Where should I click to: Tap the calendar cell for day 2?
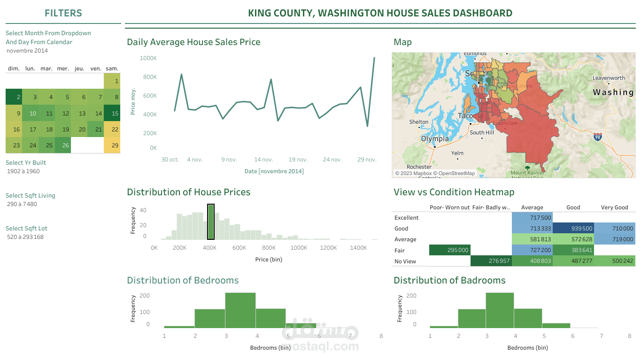[14, 97]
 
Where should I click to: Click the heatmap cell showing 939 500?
[573, 229]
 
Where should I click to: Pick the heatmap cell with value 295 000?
[449, 250]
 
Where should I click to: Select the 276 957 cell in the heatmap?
[491, 261]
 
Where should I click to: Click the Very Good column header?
[614, 207]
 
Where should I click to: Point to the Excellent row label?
[407, 218]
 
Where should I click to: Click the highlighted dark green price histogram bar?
[211, 222]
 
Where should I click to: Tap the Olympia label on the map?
[435, 139]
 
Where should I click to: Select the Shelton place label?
[418, 122]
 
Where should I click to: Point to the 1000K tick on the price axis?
[148, 58]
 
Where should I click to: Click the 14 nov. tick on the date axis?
[264, 160]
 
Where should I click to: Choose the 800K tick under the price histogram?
[269, 248]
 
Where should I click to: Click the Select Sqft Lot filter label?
[26, 229]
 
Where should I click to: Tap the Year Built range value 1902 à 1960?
[23, 171]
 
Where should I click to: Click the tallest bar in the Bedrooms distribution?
[240, 310]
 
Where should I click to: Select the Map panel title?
[402, 42]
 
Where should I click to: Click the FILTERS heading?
[63, 14]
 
